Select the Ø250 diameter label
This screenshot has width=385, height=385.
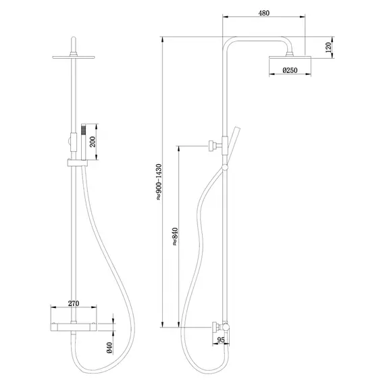coord(291,70)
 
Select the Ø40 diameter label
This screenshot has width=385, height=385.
coord(108,349)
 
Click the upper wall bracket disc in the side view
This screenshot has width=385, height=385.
coord(211,145)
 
